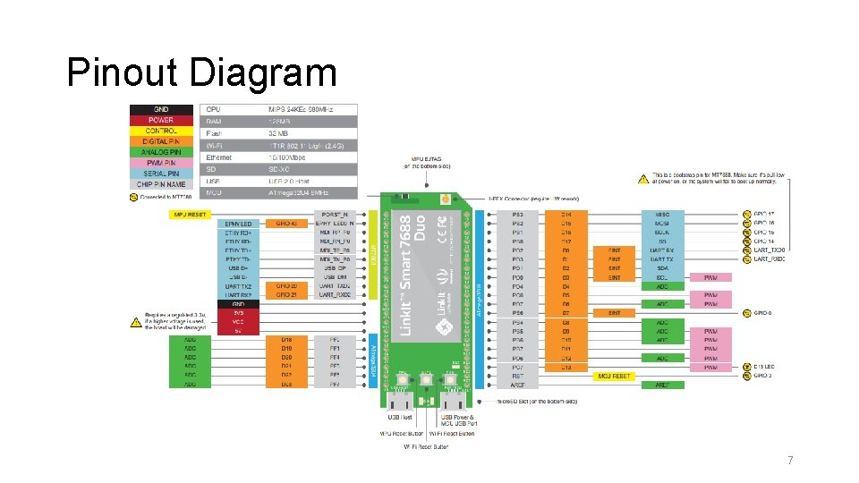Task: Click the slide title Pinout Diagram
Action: [201, 72]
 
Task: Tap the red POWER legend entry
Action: [161, 120]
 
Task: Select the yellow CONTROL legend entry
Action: [161, 131]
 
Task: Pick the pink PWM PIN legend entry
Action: [161, 163]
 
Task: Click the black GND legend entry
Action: [161, 109]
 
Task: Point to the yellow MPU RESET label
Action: [189, 215]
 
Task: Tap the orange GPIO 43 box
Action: [287, 224]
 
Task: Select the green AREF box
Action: [662, 386]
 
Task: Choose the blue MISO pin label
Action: [662, 215]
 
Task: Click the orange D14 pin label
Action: [566, 215]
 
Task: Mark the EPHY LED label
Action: [238, 224]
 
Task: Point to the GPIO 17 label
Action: [764, 215]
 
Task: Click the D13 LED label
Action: [766, 367]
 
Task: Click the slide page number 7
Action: [789, 461]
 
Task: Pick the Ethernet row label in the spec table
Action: [219, 157]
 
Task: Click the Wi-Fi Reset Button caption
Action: [426, 445]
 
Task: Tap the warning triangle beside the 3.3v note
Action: [138, 318]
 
